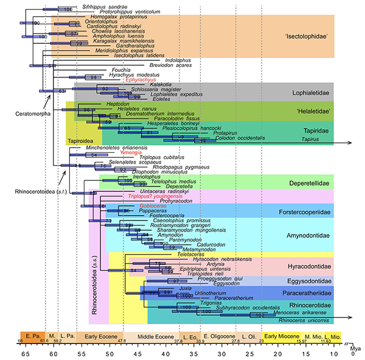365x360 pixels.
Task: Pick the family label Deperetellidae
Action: coord(310,183)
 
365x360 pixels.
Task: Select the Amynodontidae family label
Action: coord(310,234)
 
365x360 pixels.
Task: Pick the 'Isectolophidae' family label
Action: coord(307,37)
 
